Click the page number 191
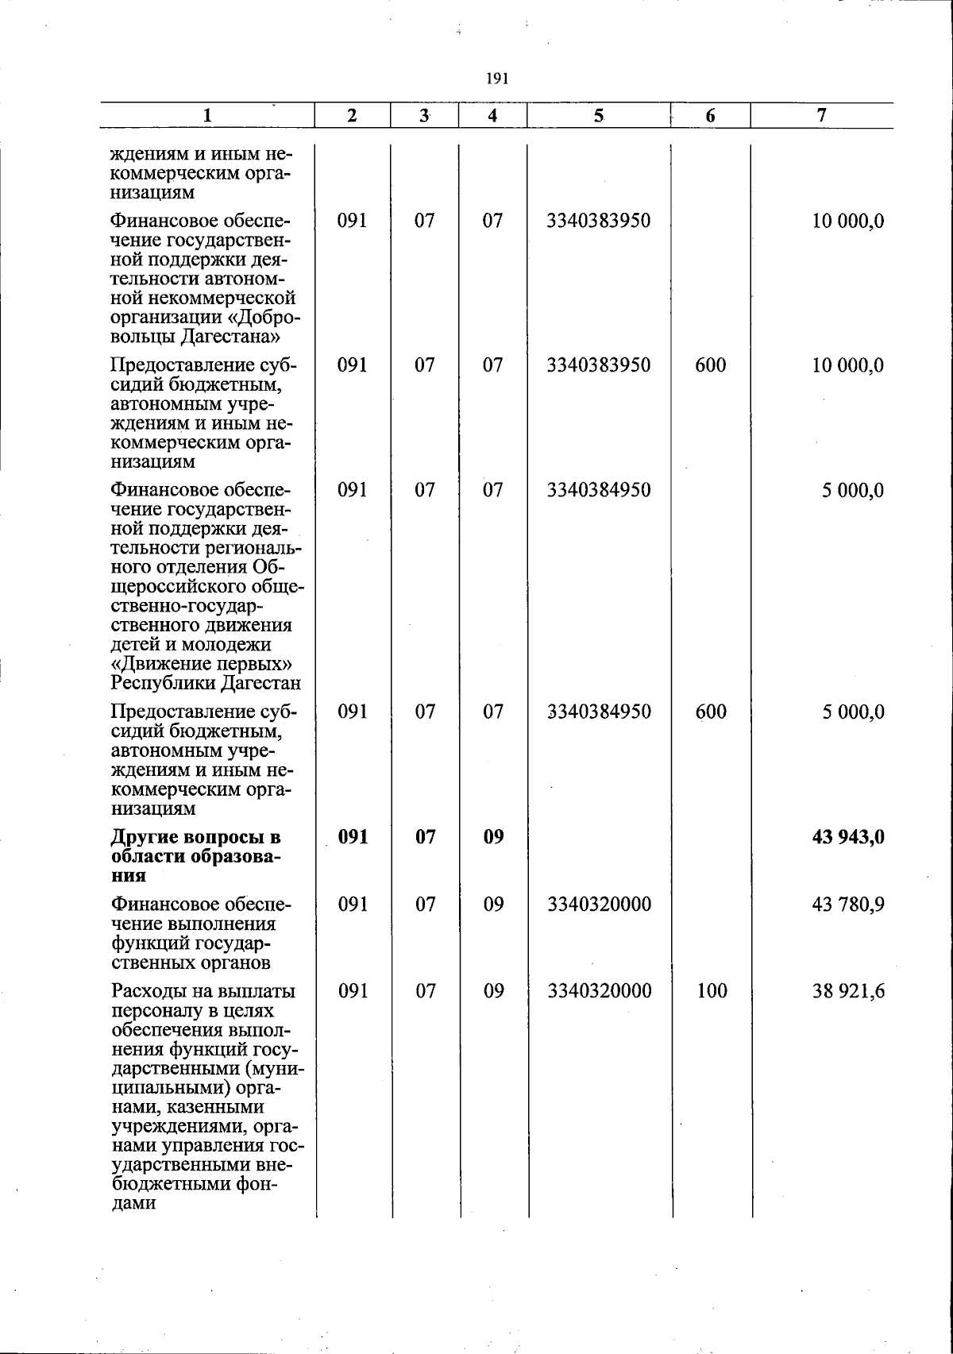(x=496, y=79)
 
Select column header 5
(x=597, y=116)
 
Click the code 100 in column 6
(x=710, y=991)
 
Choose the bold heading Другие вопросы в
(x=195, y=838)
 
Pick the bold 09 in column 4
(x=493, y=837)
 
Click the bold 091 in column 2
(x=352, y=837)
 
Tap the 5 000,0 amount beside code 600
(x=853, y=712)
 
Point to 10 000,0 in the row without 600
(x=847, y=221)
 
